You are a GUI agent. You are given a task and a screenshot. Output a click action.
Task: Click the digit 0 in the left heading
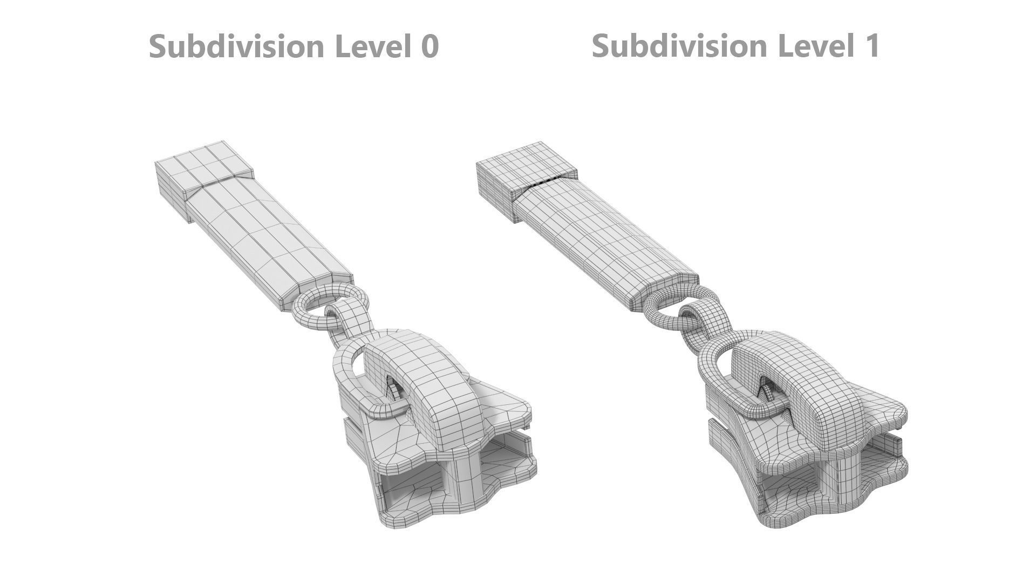pos(428,46)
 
